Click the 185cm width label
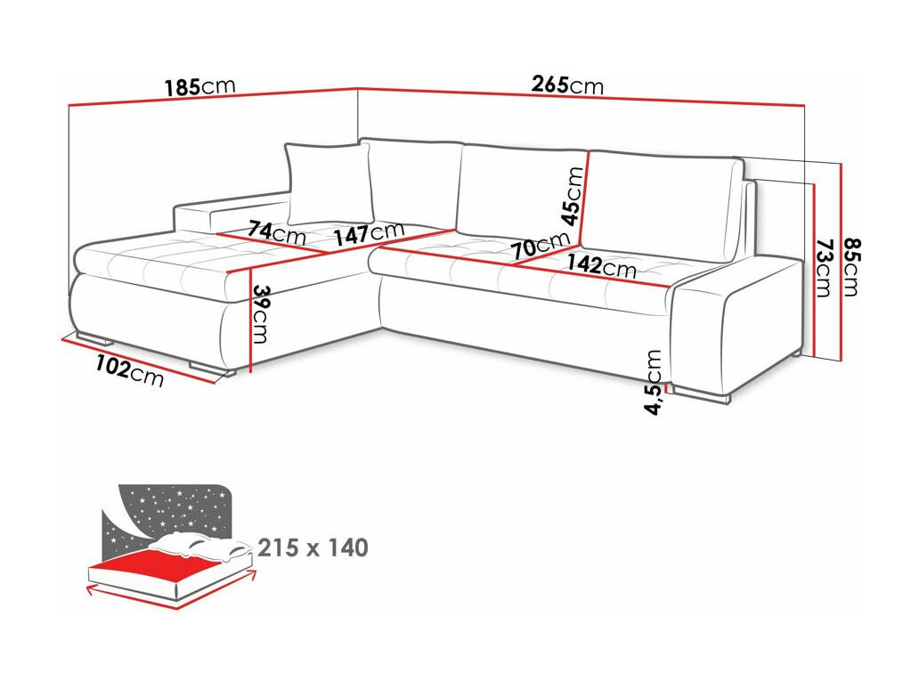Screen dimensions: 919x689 (x=199, y=86)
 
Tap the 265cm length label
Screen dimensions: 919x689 (x=567, y=85)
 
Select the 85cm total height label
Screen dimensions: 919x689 (x=851, y=267)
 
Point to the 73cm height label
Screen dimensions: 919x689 (x=824, y=267)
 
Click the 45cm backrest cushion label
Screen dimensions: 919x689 (x=573, y=196)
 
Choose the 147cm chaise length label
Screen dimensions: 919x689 (x=369, y=232)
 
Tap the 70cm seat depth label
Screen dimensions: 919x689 (x=540, y=246)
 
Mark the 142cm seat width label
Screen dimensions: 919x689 (x=601, y=265)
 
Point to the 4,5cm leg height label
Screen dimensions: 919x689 (x=654, y=382)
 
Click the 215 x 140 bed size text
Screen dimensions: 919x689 (x=313, y=547)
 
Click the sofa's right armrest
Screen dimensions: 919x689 (x=736, y=324)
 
